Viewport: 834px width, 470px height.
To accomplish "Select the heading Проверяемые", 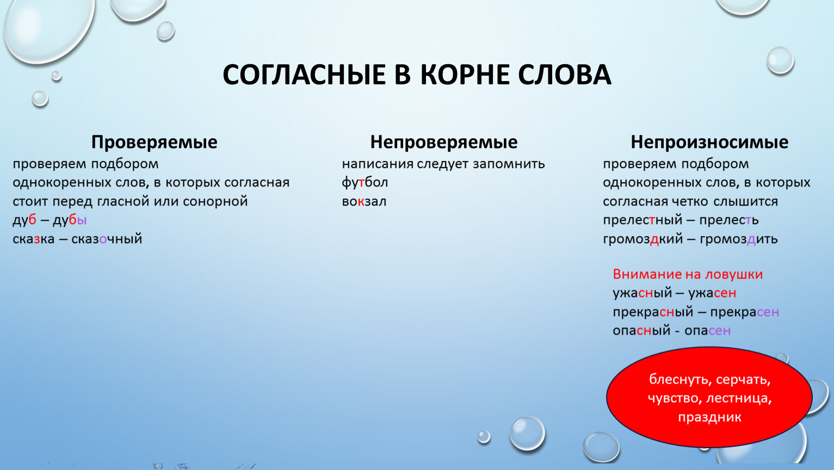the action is [154, 143].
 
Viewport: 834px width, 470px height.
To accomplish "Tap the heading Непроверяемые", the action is [444, 143].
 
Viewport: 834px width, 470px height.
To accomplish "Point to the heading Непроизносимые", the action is [709, 143].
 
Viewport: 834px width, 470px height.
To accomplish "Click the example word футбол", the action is [365, 182].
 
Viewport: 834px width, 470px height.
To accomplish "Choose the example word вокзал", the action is [364, 201].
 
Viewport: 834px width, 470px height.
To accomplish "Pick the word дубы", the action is [70, 220].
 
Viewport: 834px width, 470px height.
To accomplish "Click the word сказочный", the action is [107, 239].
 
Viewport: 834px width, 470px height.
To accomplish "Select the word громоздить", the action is [739, 239].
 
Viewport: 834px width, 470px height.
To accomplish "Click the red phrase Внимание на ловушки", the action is [688, 275].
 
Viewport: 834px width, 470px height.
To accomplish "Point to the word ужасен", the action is [712, 293].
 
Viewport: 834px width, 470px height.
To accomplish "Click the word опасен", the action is [707, 331].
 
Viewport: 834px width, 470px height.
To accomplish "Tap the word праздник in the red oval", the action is [709, 417].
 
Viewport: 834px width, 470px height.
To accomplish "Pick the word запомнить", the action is [509, 164].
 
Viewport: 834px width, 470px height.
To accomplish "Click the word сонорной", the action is [215, 201].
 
